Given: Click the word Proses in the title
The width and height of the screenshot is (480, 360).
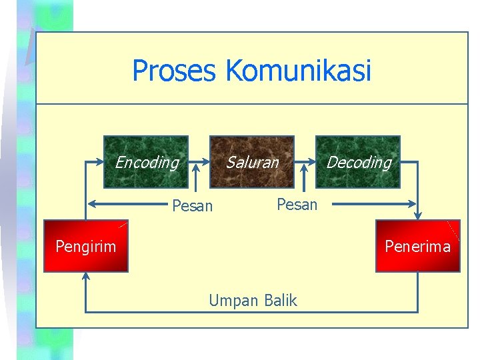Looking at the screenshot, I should click(175, 71).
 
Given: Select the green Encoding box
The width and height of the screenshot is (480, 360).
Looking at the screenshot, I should click(146, 162).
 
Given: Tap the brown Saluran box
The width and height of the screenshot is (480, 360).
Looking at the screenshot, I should click(252, 162).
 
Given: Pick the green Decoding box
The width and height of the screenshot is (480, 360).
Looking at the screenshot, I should click(358, 162).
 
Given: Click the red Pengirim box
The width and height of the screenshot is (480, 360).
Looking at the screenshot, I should click(85, 246).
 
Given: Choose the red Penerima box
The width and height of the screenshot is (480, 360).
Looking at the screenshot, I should click(418, 246).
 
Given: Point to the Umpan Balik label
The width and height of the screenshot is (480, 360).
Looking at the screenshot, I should click(253, 301).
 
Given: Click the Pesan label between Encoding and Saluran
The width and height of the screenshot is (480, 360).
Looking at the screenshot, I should click(192, 206).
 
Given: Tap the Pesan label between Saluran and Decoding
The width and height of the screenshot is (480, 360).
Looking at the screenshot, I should click(297, 205).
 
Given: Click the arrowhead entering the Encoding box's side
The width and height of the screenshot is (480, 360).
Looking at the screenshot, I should click(100, 162).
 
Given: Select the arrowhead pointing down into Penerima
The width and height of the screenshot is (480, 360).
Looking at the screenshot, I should click(418, 215).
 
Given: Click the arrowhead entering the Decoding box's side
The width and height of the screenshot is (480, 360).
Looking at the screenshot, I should click(311, 162).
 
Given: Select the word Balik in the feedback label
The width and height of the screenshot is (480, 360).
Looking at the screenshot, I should click(280, 301).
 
